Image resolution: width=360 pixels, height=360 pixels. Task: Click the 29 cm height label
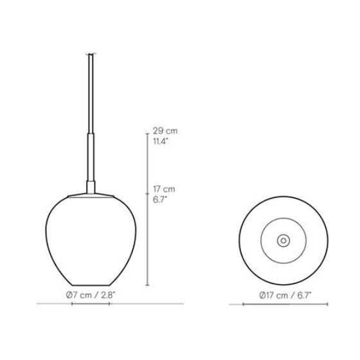click(165, 131)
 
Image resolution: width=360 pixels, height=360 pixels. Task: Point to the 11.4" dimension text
click(161, 141)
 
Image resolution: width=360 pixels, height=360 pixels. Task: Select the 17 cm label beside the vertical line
click(164, 189)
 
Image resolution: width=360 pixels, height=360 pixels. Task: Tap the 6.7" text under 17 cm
click(160, 200)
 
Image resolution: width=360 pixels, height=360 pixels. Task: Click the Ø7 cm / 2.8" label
click(91, 295)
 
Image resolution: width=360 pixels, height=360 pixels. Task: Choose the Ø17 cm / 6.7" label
click(285, 295)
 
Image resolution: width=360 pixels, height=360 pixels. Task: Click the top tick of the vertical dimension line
click(147, 134)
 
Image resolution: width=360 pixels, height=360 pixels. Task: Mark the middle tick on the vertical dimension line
click(147, 194)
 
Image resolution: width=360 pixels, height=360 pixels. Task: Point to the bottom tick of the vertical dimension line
click(147, 285)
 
